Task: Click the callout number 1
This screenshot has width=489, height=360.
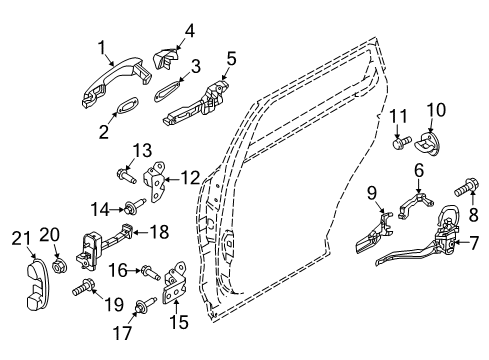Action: pyautogui.click(x=102, y=48)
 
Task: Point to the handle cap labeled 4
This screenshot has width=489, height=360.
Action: pyautogui.click(x=165, y=59)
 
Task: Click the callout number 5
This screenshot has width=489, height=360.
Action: pyautogui.click(x=231, y=59)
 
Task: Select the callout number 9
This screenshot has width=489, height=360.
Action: pyautogui.click(x=371, y=194)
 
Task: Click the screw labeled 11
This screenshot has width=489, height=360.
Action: pyautogui.click(x=401, y=143)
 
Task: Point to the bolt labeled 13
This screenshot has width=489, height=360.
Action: pyautogui.click(x=126, y=177)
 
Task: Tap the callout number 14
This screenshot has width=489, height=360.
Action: pyautogui.click(x=100, y=210)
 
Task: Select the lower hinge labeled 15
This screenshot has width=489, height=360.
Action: pyautogui.click(x=175, y=283)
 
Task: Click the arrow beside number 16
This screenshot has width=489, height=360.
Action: pyautogui.click(x=135, y=271)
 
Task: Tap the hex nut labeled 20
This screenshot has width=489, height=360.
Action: pyautogui.click(x=60, y=265)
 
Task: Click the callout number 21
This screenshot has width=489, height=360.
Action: pyautogui.click(x=21, y=240)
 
